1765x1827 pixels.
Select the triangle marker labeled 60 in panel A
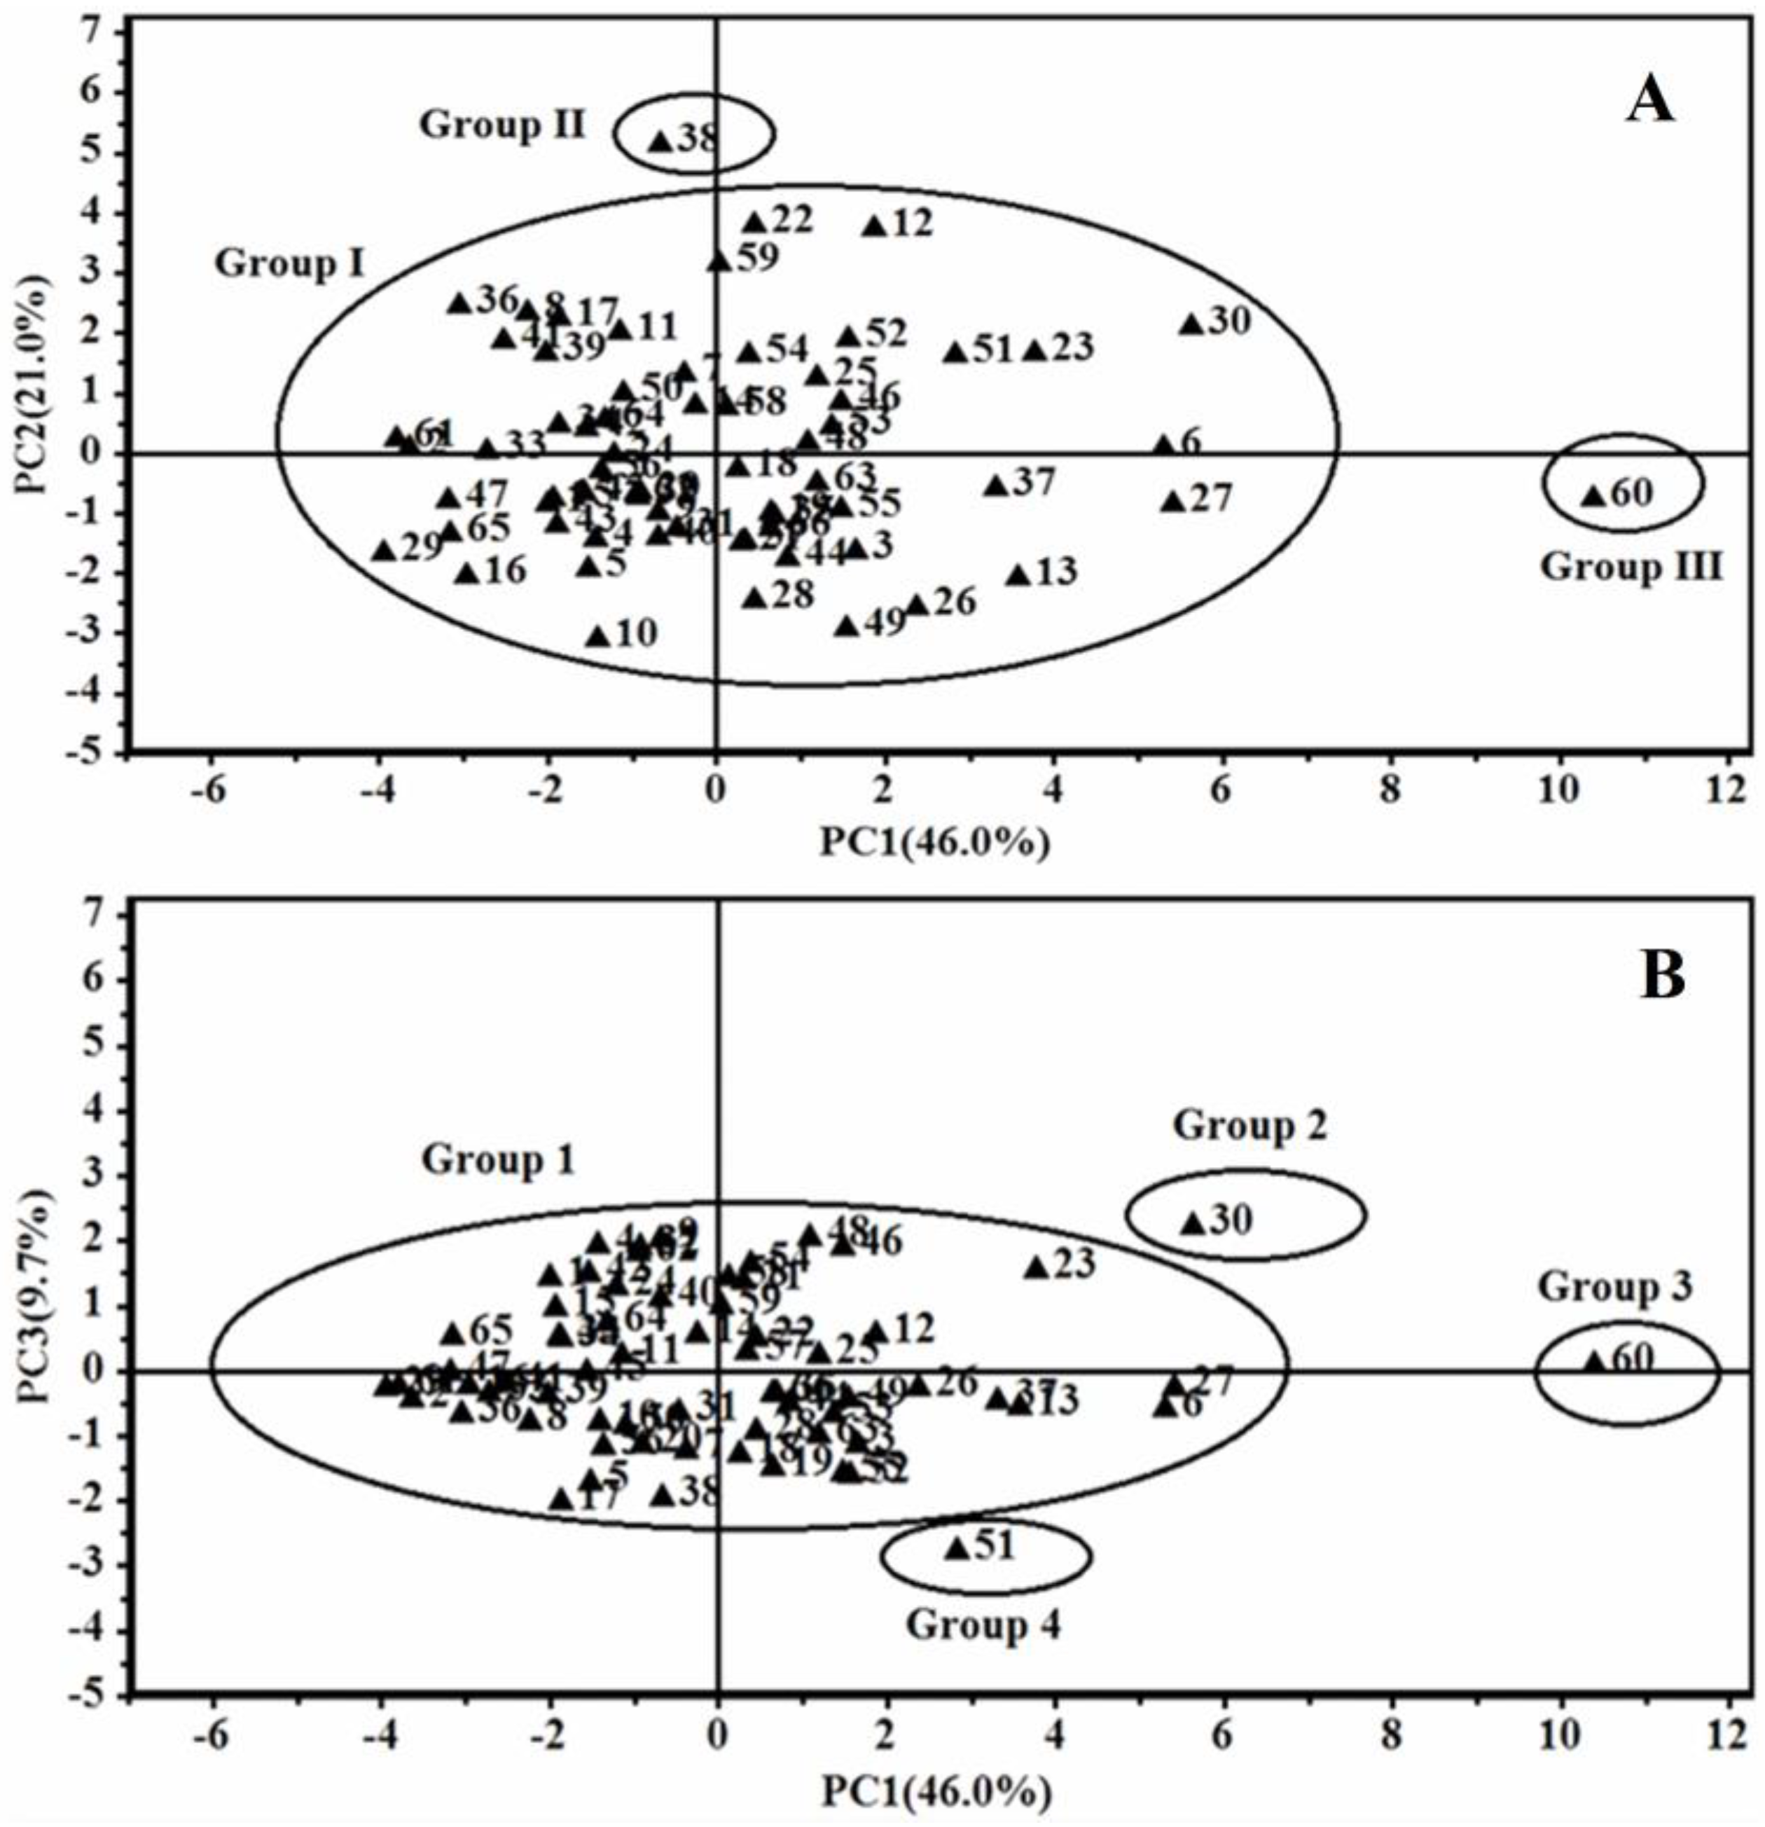1593,496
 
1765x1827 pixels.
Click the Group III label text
1629,567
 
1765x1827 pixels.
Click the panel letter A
1649,102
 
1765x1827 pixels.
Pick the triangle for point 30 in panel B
1192,1222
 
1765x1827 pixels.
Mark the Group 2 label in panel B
1249,1125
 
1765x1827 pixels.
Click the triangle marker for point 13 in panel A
1018,576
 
